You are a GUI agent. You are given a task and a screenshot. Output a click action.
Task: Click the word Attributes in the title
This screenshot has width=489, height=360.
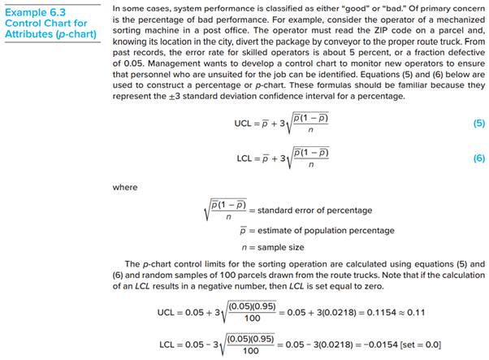(28, 35)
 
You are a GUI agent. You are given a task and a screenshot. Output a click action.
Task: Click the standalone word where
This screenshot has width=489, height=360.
(124, 187)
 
